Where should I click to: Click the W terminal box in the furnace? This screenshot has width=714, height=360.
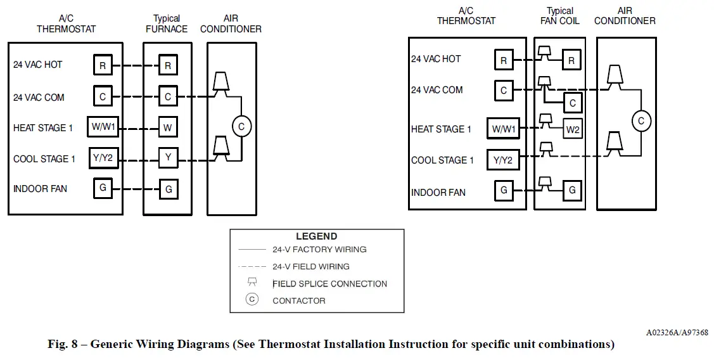click(x=168, y=127)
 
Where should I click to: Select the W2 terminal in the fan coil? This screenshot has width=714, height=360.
click(x=572, y=129)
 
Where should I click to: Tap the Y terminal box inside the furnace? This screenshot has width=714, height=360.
click(x=168, y=158)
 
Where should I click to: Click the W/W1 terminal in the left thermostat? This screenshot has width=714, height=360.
click(x=103, y=127)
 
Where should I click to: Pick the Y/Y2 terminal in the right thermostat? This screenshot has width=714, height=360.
click(x=503, y=160)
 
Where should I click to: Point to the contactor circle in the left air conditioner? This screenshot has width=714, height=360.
click(x=241, y=127)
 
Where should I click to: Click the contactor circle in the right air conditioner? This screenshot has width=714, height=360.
click(x=641, y=121)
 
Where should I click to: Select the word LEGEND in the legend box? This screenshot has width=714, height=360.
click(x=317, y=236)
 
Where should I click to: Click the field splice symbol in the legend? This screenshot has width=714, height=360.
click(x=252, y=282)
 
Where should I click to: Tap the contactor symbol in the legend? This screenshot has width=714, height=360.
click(x=252, y=299)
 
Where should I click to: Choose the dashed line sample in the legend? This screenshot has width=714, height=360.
click(x=252, y=267)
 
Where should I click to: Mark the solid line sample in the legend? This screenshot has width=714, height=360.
click(x=252, y=250)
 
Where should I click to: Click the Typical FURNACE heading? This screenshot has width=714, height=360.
click(x=167, y=23)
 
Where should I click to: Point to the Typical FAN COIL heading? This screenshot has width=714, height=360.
click(x=560, y=15)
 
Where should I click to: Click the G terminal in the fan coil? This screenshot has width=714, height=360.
click(x=572, y=190)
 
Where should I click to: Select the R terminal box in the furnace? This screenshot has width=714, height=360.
click(x=168, y=66)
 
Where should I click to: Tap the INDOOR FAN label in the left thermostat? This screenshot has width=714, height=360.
click(x=40, y=189)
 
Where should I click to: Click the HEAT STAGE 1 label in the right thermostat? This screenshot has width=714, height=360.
click(x=441, y=129)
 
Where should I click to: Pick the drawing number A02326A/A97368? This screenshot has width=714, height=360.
click(x=677, y=333)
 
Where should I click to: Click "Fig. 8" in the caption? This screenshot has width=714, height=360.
click(x=62, y=344)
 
